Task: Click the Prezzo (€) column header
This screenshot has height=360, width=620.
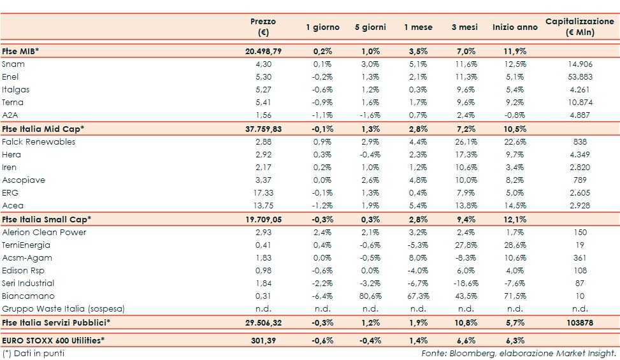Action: coord(263,27)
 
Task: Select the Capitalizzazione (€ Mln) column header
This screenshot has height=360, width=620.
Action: coord(579,27)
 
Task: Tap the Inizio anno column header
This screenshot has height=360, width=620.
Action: coord(515,27)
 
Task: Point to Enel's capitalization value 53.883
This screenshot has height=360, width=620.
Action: coord(580,76)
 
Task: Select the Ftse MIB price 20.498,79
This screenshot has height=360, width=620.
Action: coord(263,51)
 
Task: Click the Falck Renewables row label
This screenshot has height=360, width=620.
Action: coord(38,141)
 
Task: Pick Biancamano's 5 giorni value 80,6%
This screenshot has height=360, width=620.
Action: coord(368,296)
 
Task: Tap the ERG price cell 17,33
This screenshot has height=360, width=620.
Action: coord(263,192)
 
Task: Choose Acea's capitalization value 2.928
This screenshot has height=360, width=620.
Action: coord(580,205)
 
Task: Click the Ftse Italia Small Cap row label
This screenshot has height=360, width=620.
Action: coord(47,219)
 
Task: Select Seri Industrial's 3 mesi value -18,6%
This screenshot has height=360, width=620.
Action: coord(466,283)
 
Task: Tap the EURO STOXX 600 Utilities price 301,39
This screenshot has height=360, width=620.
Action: coord(263,340)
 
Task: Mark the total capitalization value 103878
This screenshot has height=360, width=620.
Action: coord(580,322)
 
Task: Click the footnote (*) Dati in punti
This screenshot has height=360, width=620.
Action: coord(33,353)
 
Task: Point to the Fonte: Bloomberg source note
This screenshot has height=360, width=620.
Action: coord(519,353)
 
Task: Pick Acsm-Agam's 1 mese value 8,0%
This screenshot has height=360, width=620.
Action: coord(417,257)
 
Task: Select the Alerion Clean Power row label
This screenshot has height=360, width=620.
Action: coord(44,232)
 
